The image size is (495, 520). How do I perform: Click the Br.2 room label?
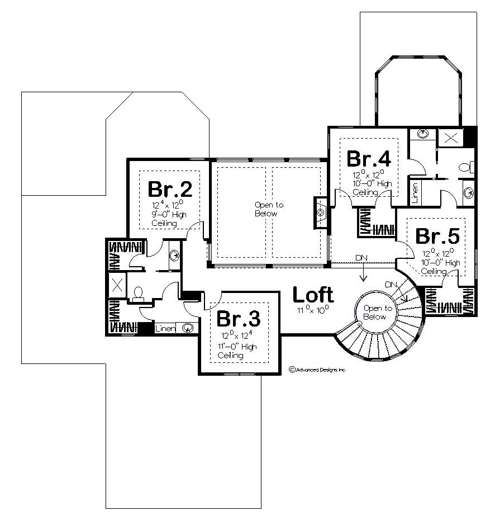(170, 189)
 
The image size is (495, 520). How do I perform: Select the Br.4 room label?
(369, 158)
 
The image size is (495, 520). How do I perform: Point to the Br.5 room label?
(438, 236)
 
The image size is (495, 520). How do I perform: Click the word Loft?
(313, 294)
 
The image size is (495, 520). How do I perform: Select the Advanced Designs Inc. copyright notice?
(318, 370)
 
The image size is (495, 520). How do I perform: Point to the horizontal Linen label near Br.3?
(165, 328)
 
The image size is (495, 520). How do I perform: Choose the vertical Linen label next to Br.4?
(415, 191)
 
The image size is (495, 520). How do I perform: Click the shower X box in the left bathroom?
(118, 283)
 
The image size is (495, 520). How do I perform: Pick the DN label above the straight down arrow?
(362, 258)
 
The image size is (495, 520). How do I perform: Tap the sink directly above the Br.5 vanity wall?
(468, 193)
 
